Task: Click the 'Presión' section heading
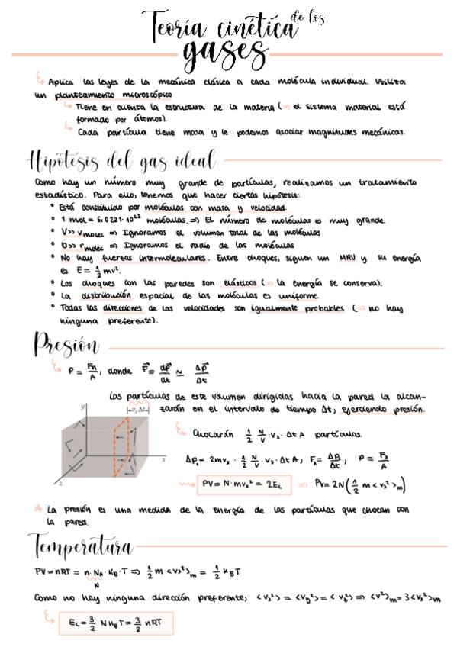point(66,344)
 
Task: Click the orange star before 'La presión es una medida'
point(38,507)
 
